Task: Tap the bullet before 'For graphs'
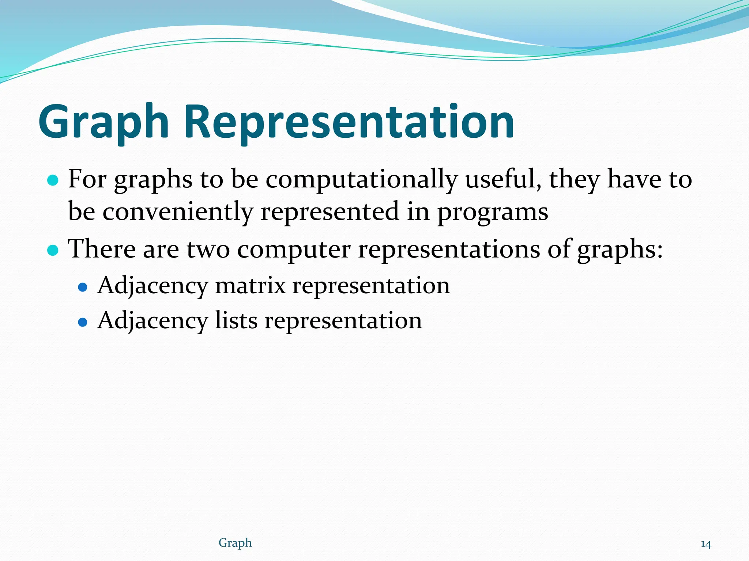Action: click(53, 180)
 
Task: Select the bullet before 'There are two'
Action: click(53, 250)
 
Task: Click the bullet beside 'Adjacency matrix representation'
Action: click(83, 287)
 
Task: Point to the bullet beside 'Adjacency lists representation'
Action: click(83, 322)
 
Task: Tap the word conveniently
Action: click(177, 212)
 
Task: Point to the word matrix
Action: click(250, 285)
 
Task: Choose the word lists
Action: click(236, 320)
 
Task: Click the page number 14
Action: click(706, 544)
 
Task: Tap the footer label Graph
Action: click(235, 543)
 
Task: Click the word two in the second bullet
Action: click(208, 249)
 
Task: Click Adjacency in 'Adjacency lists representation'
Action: click(153, 321)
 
